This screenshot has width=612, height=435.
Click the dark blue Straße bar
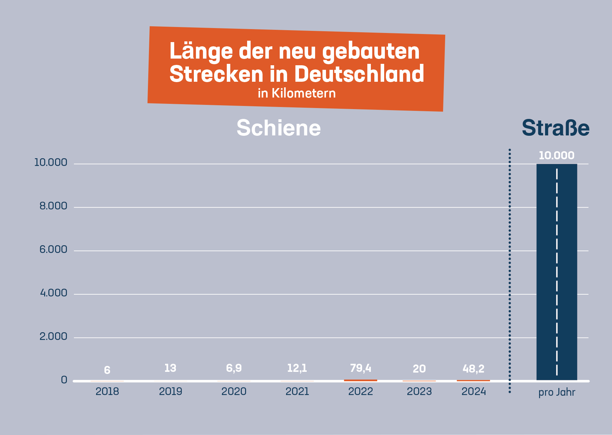(557, 272)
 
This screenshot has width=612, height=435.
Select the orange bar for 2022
(360, 380)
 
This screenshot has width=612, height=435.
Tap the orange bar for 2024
(473, 381)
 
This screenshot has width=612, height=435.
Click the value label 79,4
(360, 368)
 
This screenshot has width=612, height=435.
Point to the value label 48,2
(473, 369)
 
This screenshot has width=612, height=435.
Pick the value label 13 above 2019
(170, 368)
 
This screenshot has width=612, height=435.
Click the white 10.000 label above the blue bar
(556, 155)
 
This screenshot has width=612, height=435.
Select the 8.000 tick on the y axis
(53, 206)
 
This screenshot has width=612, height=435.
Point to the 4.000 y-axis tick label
(53, 293)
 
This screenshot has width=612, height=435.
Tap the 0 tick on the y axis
(64, 380)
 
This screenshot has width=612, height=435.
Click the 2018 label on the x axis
(107, 391)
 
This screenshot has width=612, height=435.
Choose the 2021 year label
(297, 391)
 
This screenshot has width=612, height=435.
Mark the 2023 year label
(419, 391)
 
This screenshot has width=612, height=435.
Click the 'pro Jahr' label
(557, 392)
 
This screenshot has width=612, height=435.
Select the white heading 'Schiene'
(279, 128)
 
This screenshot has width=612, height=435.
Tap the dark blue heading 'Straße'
(556, 128)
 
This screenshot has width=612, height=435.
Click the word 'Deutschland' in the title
(359, 74)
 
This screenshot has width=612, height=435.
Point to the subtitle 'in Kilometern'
(297, 93)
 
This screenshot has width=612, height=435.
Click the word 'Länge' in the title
(201, 51)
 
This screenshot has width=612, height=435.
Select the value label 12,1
(297, 368)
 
